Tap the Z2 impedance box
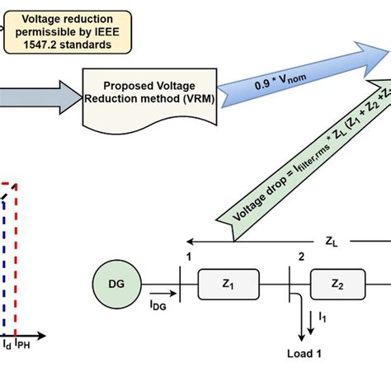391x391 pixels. [x=337, y=284]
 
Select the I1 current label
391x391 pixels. [x=322, y=315]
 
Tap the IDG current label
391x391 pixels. [x=159, y=304]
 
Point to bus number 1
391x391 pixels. [x=190, y=257]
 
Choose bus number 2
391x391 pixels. [x=300, y=257]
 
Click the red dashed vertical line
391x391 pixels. [x=16, y=256]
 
